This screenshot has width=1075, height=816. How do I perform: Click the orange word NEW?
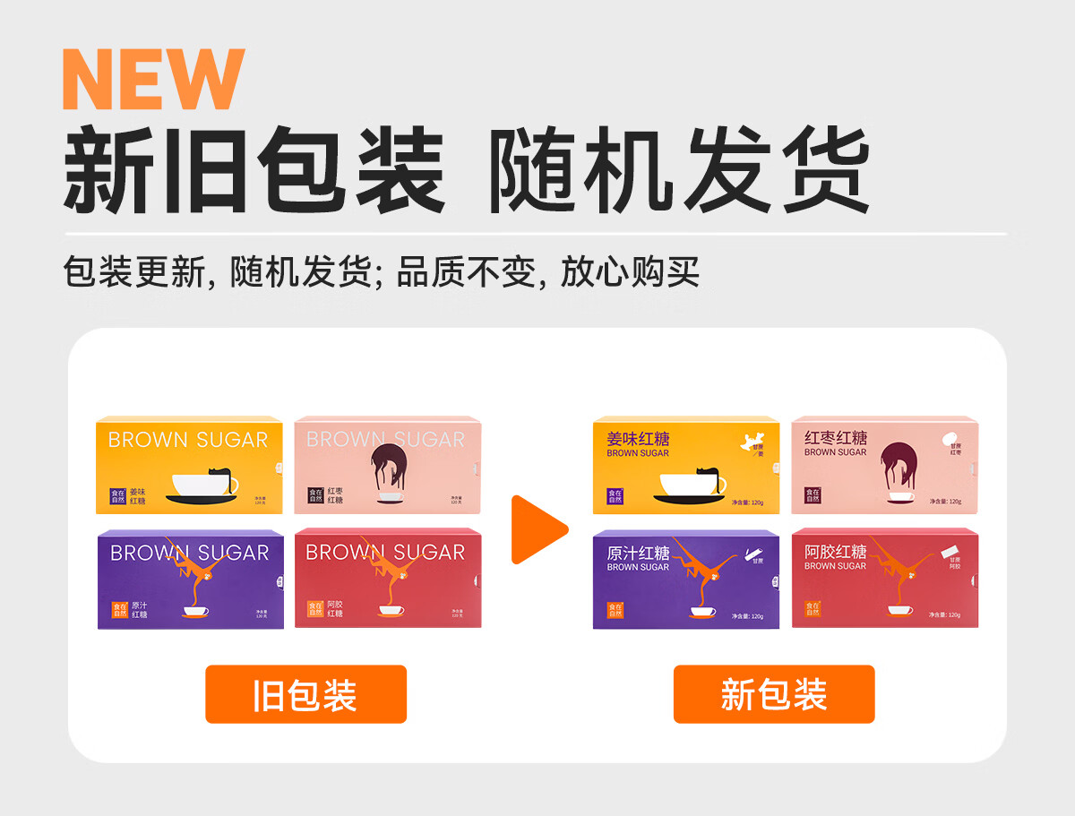pos(153,80)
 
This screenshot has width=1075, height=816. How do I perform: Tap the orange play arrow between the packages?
pos(537,529)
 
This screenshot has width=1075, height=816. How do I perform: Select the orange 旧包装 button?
pos(305,694)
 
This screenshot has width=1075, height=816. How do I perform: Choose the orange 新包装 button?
pos(774,694)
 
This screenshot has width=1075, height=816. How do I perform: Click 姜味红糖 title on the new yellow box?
pos(638,439)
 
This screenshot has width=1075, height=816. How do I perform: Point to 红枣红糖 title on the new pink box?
pos(836,438)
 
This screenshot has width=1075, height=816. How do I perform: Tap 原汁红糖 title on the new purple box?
pos(638,553)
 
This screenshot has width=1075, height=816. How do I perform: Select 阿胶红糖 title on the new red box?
pos(836,552)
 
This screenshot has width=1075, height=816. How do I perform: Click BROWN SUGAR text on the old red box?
pos(385,553)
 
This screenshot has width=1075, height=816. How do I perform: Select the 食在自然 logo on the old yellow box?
pos(117,495)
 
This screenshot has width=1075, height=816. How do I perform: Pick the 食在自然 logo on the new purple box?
pos(615,610)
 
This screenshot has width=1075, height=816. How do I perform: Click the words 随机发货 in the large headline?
pos(678,171)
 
